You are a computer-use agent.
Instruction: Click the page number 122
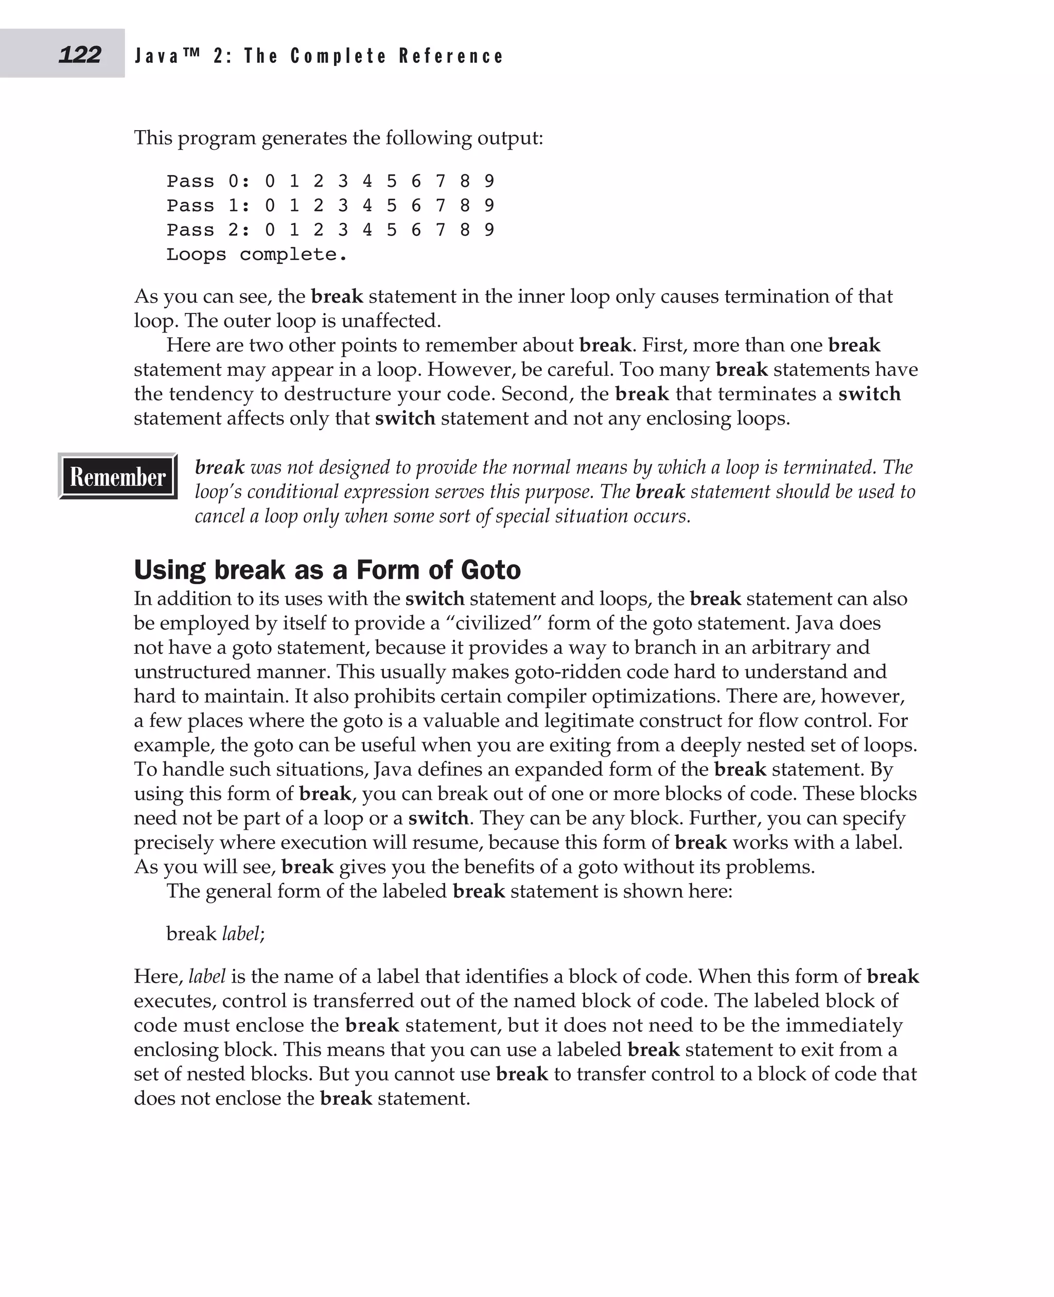pyautogui.click(x=80, y=55)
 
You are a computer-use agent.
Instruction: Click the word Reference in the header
pyautogui.click(x=451, y=57)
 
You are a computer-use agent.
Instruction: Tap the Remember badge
pyautogui.click(x=118, y=477)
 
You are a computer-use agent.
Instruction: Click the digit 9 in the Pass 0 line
pyautogui.click(x=489, y=181)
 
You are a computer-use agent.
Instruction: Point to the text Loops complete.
pyautogui.click(x=257, y=254)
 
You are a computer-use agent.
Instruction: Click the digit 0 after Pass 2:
pyautogui.click(x=270, y=230)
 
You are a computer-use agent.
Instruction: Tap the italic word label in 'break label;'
pyautogui.click(x=240, y=933)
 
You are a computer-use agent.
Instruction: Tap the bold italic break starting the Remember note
pyautogui.click(x=219, y=467)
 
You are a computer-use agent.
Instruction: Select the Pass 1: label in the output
pyautogui.click(x=209, y=206)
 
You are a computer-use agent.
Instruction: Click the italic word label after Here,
pyautogui.click(x=207, y=976)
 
